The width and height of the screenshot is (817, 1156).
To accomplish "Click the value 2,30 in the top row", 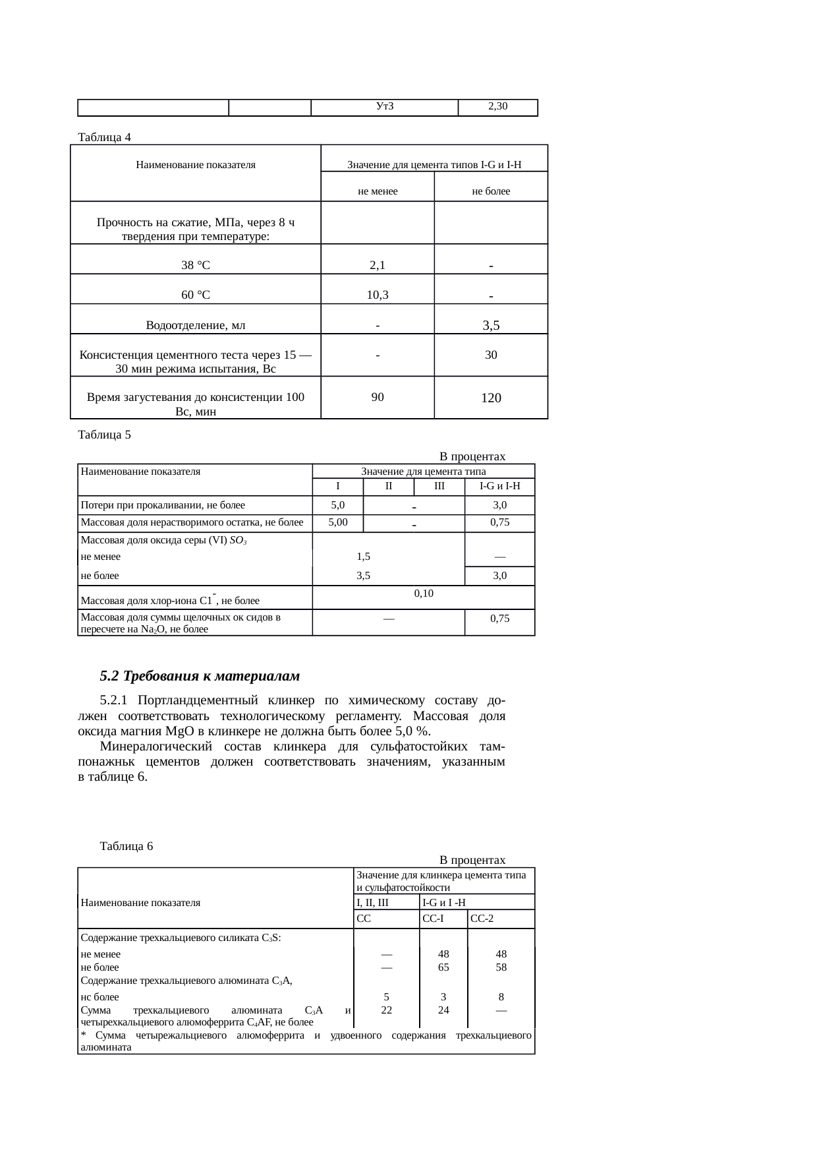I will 497,106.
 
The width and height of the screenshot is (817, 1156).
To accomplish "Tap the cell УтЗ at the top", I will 384,106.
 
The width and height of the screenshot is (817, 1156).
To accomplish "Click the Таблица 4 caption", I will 104,137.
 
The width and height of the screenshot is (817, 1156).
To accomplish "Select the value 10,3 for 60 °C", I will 378,295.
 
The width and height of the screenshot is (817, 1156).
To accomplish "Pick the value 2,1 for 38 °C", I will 378,266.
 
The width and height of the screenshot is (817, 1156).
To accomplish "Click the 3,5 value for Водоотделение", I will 491,325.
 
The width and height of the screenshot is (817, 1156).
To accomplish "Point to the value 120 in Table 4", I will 491,398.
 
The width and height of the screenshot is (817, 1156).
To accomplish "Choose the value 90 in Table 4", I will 378,397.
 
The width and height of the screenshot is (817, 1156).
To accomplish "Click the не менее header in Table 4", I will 378,192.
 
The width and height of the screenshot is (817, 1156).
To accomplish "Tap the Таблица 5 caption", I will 104,435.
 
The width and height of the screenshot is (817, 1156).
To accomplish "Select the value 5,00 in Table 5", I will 337,522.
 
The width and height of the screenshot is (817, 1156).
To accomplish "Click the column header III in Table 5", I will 439,487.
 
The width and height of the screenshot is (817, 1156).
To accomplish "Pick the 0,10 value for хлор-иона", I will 424,593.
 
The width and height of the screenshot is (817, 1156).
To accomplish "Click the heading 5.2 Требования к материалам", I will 200,676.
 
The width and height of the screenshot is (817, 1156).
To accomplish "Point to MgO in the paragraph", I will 180,731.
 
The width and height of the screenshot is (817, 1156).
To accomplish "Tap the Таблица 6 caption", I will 126,846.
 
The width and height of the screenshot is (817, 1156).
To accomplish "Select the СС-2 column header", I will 482,919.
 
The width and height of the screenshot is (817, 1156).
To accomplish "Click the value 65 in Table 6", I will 443,967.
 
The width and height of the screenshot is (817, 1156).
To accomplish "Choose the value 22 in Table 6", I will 387,1010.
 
